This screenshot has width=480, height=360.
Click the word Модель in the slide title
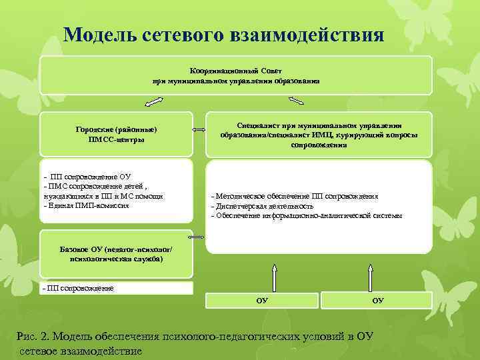click(x=99, y=35)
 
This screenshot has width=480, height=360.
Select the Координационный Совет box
click(x=236, y=75)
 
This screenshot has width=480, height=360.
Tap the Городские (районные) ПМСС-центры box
click(x=116, y=133)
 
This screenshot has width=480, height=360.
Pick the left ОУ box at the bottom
click(x=262, y=301)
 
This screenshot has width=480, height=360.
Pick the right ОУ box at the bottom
click(x=377, y=301)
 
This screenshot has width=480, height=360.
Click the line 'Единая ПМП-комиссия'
click(x=86, y=205)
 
